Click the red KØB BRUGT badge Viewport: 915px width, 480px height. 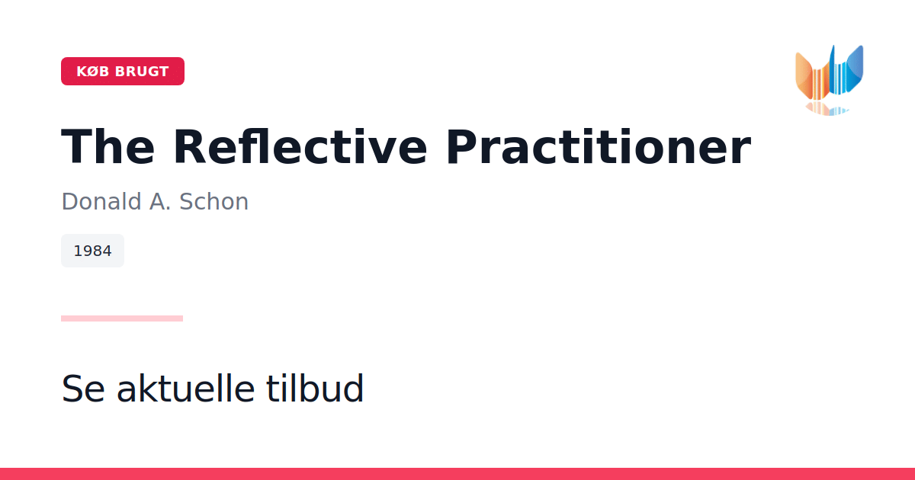tap(123, 71)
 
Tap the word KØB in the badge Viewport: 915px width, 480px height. tap(93, 72)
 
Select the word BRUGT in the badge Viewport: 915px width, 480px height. tap(142, 72)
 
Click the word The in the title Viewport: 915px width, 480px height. tap(108, 147)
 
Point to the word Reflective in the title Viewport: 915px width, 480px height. tap(300, 147)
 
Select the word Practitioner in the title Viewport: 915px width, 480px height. tap(599, 147)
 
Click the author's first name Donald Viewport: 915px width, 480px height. tap(101, 202)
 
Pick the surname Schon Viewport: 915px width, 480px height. tap(213, 202)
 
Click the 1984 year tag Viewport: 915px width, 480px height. tap(92, 251)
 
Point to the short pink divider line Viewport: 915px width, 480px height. tap(122, 318)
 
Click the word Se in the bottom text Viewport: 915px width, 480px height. tap(83, 389)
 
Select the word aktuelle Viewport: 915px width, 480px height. tap(186, 388)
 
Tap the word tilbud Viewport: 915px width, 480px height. tap(314, 388)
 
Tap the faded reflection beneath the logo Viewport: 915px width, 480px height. tap(827, 109)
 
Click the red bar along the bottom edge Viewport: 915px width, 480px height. tap(457, 474)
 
